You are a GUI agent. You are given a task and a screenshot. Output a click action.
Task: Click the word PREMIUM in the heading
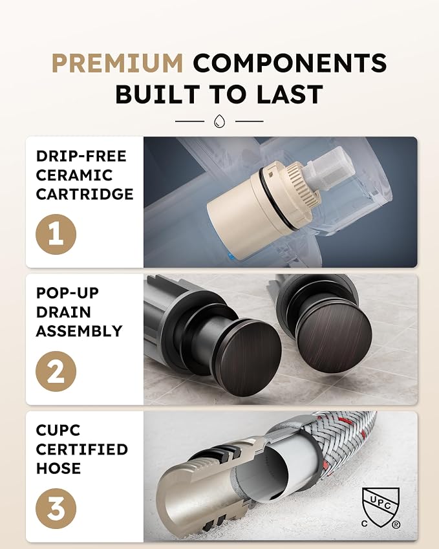(x=117, y=63)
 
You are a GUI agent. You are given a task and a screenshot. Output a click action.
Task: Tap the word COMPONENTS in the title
(x=290, y=63)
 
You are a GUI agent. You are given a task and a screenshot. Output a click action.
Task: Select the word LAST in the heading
(x=290, y=94)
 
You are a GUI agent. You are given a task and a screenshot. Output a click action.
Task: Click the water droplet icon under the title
(x=220, y=121)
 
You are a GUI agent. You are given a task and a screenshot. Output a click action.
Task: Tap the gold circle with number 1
(x=56, y=234)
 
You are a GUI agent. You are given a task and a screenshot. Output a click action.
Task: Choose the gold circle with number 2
(x=56, y=371)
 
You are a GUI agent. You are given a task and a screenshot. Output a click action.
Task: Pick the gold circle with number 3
(x=56, y=508)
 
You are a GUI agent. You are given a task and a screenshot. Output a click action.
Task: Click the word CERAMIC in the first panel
(x=74, y=175)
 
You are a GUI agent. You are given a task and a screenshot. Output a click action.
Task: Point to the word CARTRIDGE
(x=85, y=194)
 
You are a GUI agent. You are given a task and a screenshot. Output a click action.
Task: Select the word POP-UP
(x=68, y=293)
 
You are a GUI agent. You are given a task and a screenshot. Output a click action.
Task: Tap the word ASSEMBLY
(x=80, y=331)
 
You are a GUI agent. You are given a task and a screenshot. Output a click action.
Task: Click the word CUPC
(x=58, y=430)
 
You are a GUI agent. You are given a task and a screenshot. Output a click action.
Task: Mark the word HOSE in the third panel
(x=58, y=468)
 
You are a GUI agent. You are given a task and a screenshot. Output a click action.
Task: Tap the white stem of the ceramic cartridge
(x=328, y=169)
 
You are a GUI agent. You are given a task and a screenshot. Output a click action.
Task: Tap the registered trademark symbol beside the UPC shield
(x=396, y=524)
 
